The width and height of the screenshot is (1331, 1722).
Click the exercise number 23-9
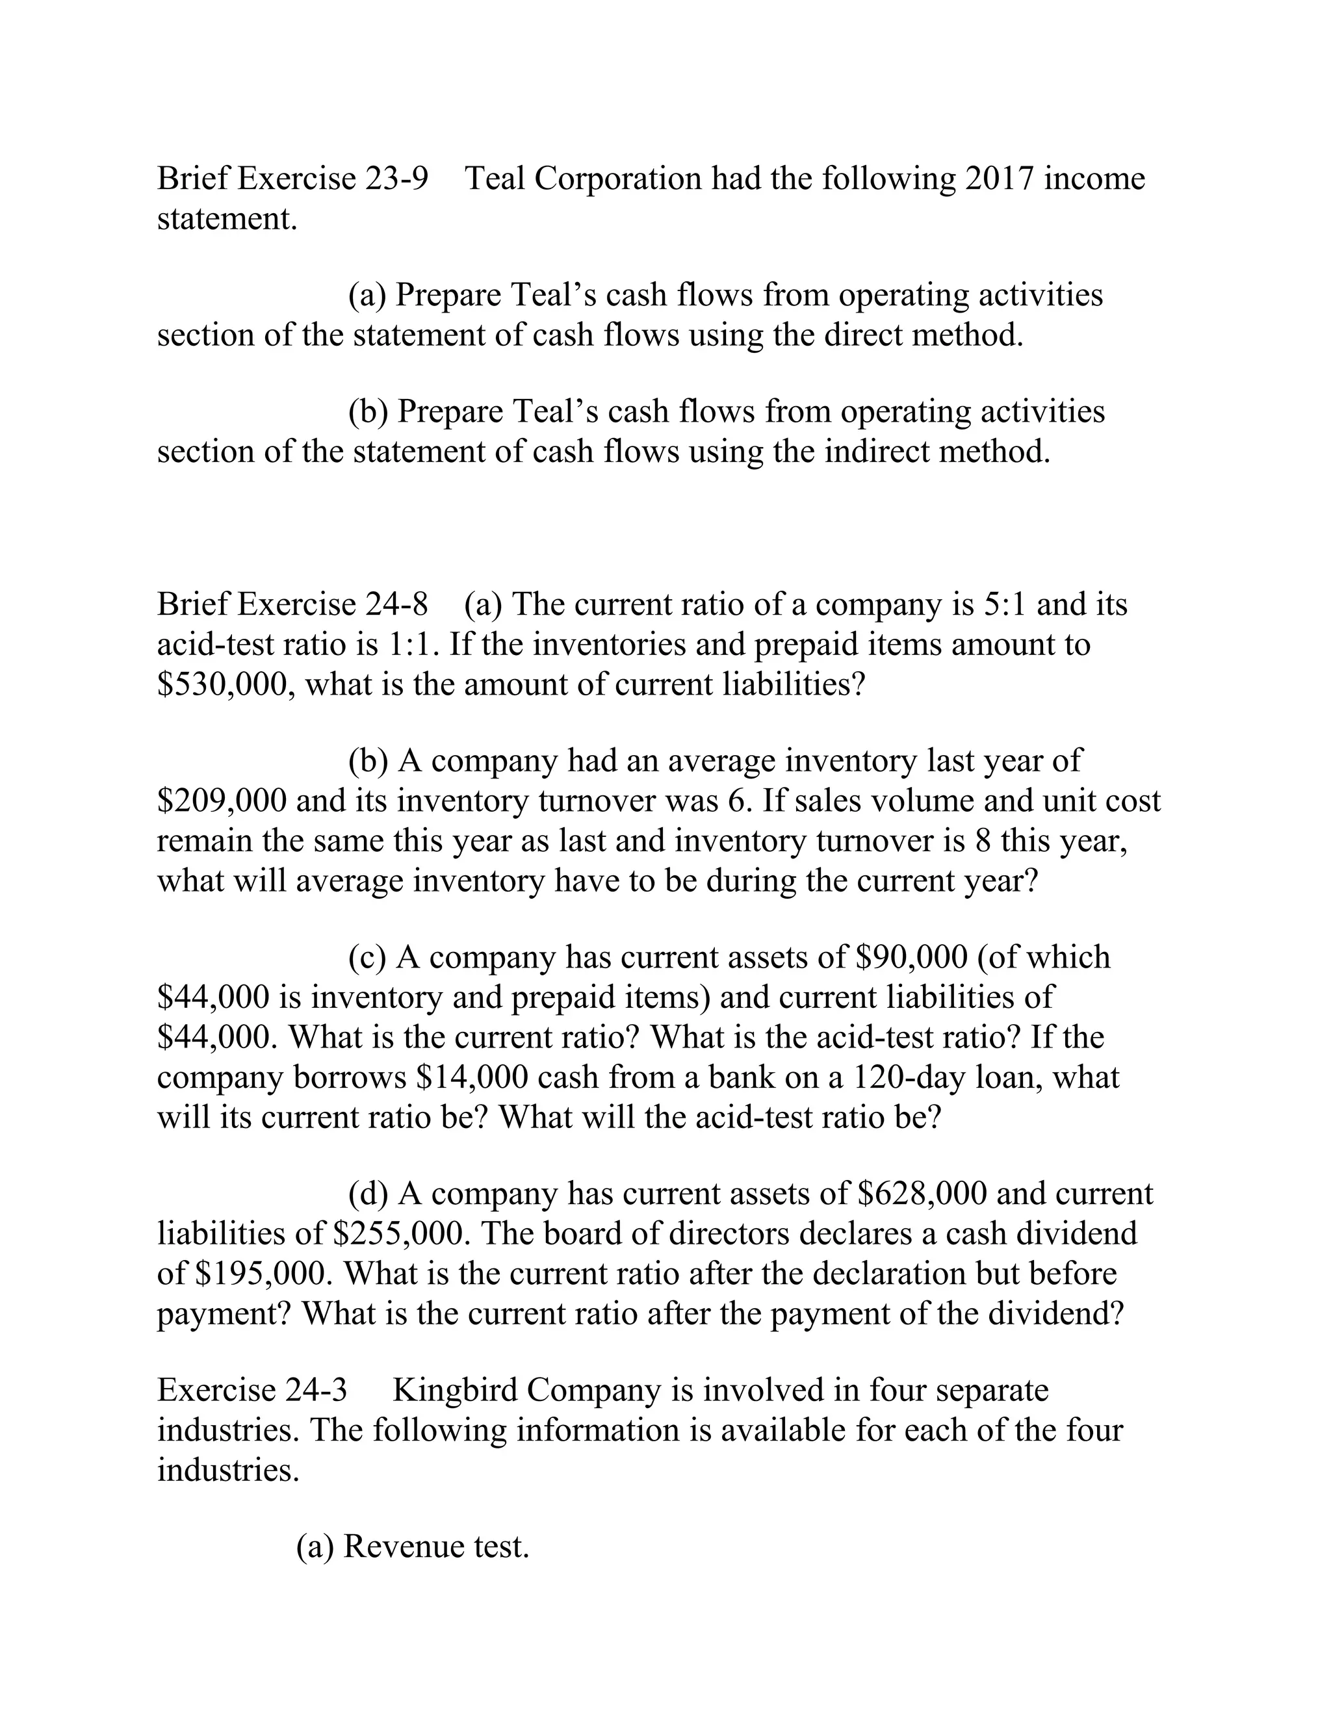[396, 179]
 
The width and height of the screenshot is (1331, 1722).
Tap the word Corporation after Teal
[617, 179]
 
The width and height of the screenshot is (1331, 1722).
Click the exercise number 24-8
[396, 605]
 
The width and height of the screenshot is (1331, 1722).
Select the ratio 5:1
[1005, 605]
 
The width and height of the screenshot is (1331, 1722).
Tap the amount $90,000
[911, 957]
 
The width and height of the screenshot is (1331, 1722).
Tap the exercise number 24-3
[317, 1390]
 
